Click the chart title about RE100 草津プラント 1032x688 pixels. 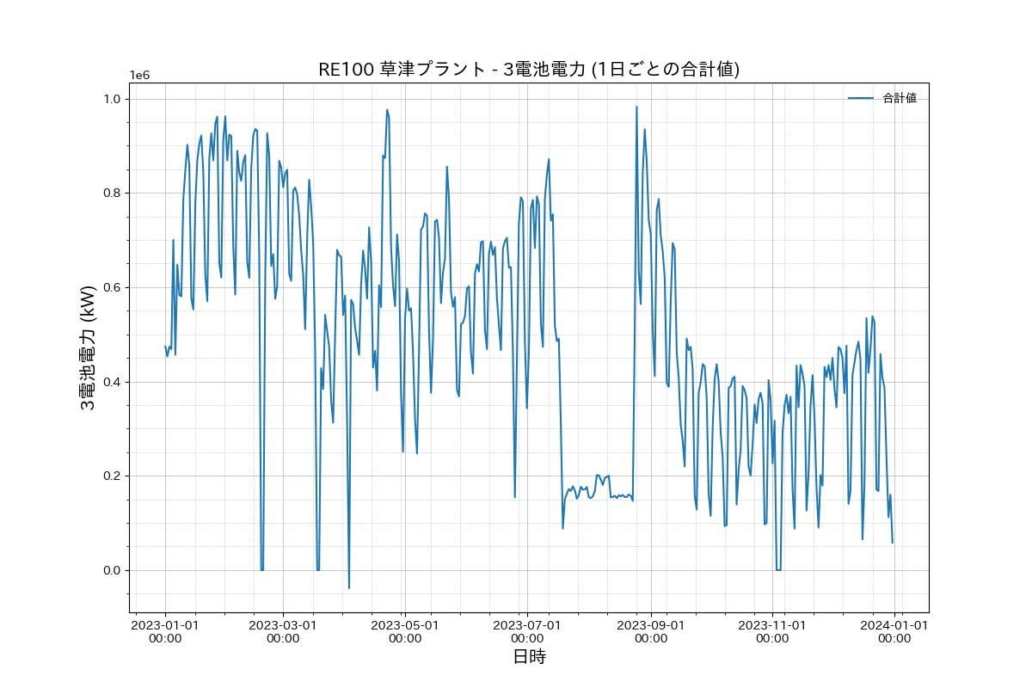pyautogui.click(x=529, y=70)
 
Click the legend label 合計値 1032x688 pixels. pyautogui.click(x=900, y=98)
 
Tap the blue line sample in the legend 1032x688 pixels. pyautogui.click(x=861, y=98)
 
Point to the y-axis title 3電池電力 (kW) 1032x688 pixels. pyautogui.click(x=88, y=347)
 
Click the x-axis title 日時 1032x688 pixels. pyautogui.click(x=529, y=657)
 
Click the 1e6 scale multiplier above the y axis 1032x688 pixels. pyautogui.click(x=139, y=75)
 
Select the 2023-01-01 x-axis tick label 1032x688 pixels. pyautogui.click(x=165, y=631)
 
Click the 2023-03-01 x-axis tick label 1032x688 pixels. pyautogui.click(x=283, y=631)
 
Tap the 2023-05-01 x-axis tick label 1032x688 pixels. pyautogui.click(x=405, y=631)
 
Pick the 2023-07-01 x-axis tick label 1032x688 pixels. pyautogui.click(x=527, y=631)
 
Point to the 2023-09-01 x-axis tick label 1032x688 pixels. pyautogui.click(x=651, y=631)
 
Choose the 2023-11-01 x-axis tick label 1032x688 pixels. pyautogui.click(x=772, y=631)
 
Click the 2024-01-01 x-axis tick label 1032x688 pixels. pyautogui.click(x=894, y=631)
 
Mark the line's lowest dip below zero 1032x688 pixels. pyautogui.click(x=349, y=587)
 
